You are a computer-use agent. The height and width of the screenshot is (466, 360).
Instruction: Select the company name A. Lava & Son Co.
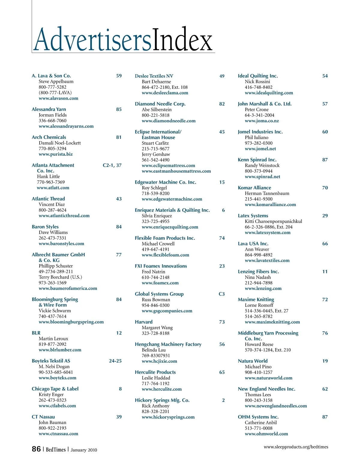point(51,76)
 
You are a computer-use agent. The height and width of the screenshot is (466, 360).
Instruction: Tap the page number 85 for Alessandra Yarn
point(119,110)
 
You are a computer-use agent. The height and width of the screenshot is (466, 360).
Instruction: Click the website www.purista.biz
point(55,154)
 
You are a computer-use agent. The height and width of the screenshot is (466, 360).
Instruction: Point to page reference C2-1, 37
point(112,165)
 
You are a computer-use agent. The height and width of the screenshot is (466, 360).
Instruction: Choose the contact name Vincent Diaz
point(52,204)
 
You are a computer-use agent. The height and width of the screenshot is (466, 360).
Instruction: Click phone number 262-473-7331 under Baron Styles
point(52,238)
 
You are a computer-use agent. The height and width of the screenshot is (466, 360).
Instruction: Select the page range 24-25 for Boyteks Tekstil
point(115,361)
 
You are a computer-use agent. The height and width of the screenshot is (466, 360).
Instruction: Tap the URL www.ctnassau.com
point(58,434)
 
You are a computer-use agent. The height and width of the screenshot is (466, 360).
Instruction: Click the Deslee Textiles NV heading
point(154,76)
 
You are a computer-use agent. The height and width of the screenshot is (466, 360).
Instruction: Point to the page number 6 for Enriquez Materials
point(223,210)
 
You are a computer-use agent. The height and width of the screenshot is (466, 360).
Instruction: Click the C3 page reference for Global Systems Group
point(222,294)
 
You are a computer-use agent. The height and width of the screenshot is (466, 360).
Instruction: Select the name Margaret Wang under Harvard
point(157,328)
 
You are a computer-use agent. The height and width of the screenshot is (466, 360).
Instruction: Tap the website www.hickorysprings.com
point(168,417)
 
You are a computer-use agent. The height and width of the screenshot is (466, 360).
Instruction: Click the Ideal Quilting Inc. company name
point(258,76)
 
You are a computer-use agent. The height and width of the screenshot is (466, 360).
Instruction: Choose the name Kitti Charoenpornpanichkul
point(273,221)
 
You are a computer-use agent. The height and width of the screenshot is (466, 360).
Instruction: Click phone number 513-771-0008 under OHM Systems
point(259,428)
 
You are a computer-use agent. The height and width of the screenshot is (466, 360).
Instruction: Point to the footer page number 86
point(36,449)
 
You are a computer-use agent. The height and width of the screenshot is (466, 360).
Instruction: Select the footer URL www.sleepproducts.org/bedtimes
point(296,447)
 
